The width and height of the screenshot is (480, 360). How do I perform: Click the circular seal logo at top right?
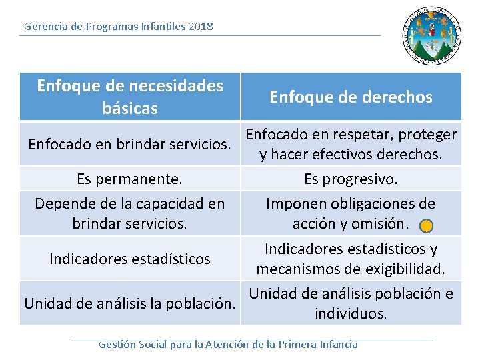431,36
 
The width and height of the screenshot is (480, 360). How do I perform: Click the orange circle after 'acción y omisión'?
427,226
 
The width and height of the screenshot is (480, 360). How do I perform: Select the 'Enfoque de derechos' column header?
351,97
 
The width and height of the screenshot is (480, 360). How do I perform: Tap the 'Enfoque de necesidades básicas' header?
130,96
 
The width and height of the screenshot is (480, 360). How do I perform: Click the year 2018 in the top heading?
201,27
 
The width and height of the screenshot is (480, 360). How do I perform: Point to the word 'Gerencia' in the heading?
45,27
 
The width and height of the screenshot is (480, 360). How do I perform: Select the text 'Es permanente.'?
130,179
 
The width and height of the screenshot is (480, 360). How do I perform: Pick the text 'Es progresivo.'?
351,179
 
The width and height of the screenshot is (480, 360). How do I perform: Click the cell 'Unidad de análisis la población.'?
130,303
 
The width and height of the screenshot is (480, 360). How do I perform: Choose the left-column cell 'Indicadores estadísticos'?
130,259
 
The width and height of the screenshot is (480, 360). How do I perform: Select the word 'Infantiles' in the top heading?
163,27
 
